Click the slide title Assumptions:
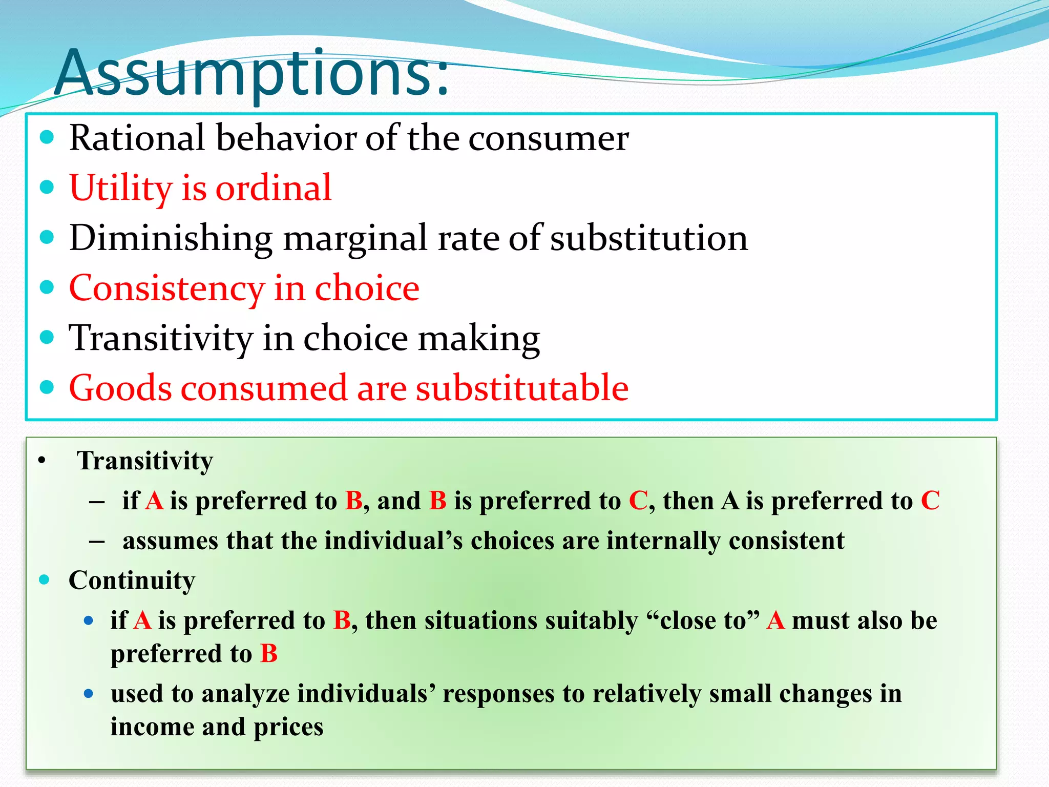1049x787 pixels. click(x=251, y=73)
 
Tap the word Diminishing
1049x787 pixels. click(x=171, y=238)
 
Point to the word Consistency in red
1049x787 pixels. click(x=166, y=288)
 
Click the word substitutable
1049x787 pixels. click(x=522, y=388)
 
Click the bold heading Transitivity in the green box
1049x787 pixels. click(x=145, y=461)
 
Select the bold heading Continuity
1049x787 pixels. click(x=132, y=581)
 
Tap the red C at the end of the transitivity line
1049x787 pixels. click(x=930, y=501)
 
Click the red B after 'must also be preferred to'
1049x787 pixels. click(x=269, y=654)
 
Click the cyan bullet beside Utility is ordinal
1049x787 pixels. click(x=47, y=187)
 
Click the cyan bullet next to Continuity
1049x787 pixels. click(x=45, y=580)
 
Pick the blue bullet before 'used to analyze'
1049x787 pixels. click(x=89, y=694)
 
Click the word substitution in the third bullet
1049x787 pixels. click(x=649, y=238)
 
